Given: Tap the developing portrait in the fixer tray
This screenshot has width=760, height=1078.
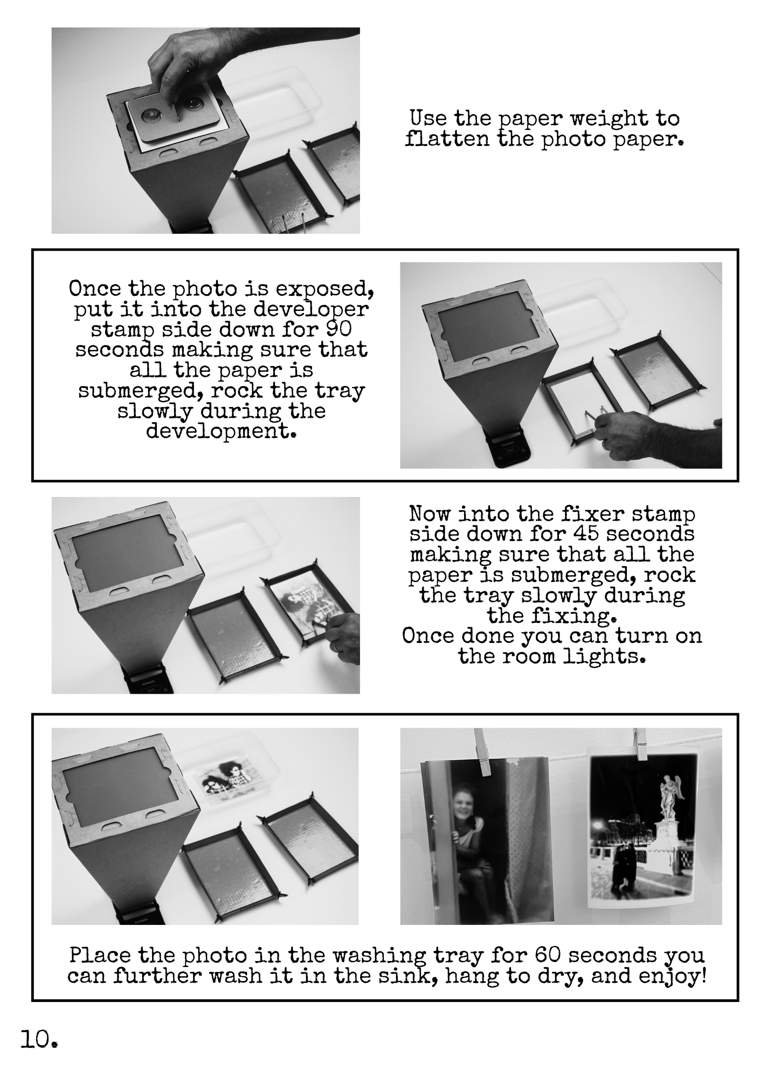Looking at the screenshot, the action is point(307,603).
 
